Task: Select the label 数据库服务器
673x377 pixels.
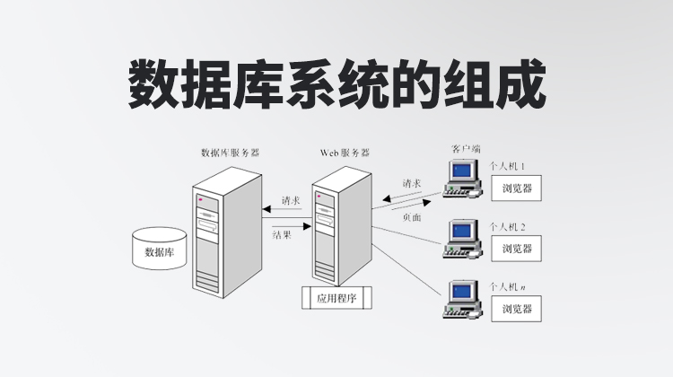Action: pos(231,153)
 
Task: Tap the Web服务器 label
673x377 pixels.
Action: pos(345,153)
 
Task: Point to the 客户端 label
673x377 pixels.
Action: pos(466,146)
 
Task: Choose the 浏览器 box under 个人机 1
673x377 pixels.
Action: pos(518,189)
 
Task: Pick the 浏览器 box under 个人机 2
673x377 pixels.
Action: pos(518,249)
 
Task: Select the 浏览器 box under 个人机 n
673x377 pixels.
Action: pos(518,310)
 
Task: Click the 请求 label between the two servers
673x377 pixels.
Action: pos(291,200)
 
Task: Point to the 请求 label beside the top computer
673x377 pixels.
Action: pos(413,182)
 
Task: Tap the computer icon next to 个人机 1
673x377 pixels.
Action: pos(462,177)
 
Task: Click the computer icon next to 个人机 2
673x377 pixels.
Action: pos(462,238)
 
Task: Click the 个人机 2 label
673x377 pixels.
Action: pos(508,227)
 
